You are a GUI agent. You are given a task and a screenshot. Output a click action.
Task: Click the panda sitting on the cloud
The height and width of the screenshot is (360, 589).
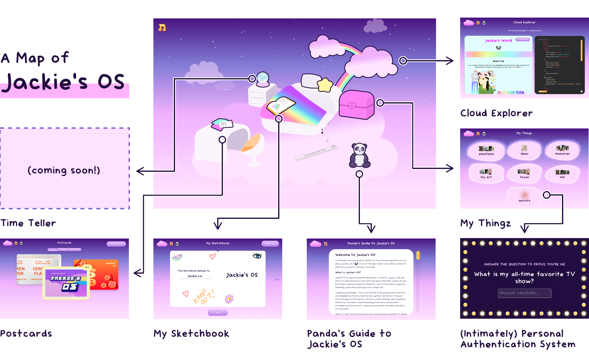coord(360,155)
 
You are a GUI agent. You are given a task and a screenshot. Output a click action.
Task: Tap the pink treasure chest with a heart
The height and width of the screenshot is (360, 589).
coord(356,105)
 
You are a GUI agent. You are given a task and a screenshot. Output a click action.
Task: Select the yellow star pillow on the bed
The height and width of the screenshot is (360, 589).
coord(325,85)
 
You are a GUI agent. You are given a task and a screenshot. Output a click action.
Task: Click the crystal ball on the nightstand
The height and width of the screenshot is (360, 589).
coord(263,79)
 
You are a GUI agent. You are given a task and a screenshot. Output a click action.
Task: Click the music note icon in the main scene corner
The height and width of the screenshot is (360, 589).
coord(162,27)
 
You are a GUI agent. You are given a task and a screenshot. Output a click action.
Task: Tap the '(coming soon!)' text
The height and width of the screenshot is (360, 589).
coord(64,170)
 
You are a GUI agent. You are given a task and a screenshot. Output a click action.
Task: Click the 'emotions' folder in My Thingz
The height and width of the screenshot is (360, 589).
coord(486,151)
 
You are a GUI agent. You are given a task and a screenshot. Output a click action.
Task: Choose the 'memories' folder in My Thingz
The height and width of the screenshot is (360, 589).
coord(562,150)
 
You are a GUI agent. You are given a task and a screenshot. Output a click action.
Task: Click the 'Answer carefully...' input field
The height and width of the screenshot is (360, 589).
coord(524,293)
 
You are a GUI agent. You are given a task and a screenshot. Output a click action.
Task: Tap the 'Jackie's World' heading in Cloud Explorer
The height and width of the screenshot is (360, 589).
coord(499,40)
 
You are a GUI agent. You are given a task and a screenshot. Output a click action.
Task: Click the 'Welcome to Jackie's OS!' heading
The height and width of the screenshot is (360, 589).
coord(355,254)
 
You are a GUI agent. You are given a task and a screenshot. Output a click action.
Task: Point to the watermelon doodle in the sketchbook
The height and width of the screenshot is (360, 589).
coord(177,257)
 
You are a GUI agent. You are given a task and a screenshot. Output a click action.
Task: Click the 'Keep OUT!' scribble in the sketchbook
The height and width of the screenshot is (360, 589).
coord(203,297)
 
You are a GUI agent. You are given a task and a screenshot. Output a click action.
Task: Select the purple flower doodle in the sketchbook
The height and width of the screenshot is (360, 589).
coord(229,299)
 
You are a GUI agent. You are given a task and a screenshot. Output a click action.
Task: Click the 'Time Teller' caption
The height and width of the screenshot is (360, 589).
coord(28,223)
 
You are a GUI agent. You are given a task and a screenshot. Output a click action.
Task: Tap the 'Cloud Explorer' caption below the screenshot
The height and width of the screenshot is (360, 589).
coord(497,113)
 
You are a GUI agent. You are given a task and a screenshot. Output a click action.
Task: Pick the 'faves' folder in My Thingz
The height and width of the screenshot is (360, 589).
coord(524,173)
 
